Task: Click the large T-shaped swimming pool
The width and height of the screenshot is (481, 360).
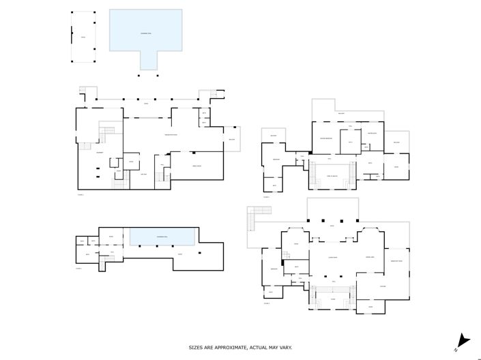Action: point(146,33)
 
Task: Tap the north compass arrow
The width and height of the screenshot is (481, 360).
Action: point(464,339)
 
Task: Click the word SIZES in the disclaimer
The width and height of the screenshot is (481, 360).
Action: point(197,347)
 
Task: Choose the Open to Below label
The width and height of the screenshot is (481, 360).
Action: point(332,176)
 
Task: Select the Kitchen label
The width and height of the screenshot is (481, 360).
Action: point(382,286)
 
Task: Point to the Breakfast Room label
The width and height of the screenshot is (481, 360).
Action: point(396,261)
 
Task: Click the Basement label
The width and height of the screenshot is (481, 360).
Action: point(100,152)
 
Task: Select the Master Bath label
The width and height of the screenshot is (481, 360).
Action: point(373,133)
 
